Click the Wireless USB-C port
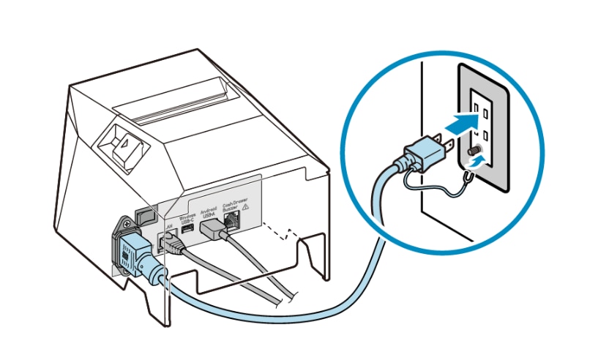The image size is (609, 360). tap(187, 231)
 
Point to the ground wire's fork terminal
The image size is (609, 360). tap(466, 174)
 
